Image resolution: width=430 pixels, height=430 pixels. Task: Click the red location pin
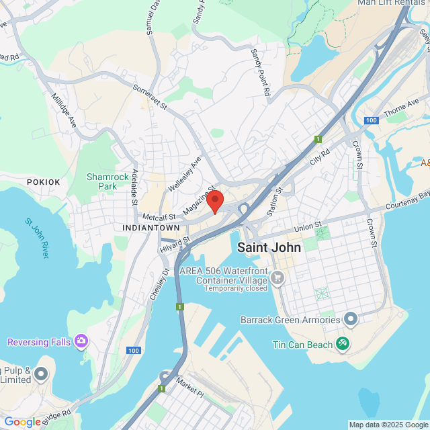[x=214, y=201]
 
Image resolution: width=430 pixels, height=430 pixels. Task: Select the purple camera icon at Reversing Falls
[x=81, y=341]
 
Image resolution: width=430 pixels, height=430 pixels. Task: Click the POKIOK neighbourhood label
[x=44, y=182]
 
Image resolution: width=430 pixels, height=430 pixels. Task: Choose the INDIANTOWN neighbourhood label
[x=151, y=228]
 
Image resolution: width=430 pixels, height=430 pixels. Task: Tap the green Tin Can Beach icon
[x=343, y=343]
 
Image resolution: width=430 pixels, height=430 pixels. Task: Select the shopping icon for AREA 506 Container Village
[x=277, y=277]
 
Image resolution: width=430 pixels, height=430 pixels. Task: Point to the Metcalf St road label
[x=159, y=217]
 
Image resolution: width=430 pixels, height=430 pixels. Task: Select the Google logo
[x=22, y=422]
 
